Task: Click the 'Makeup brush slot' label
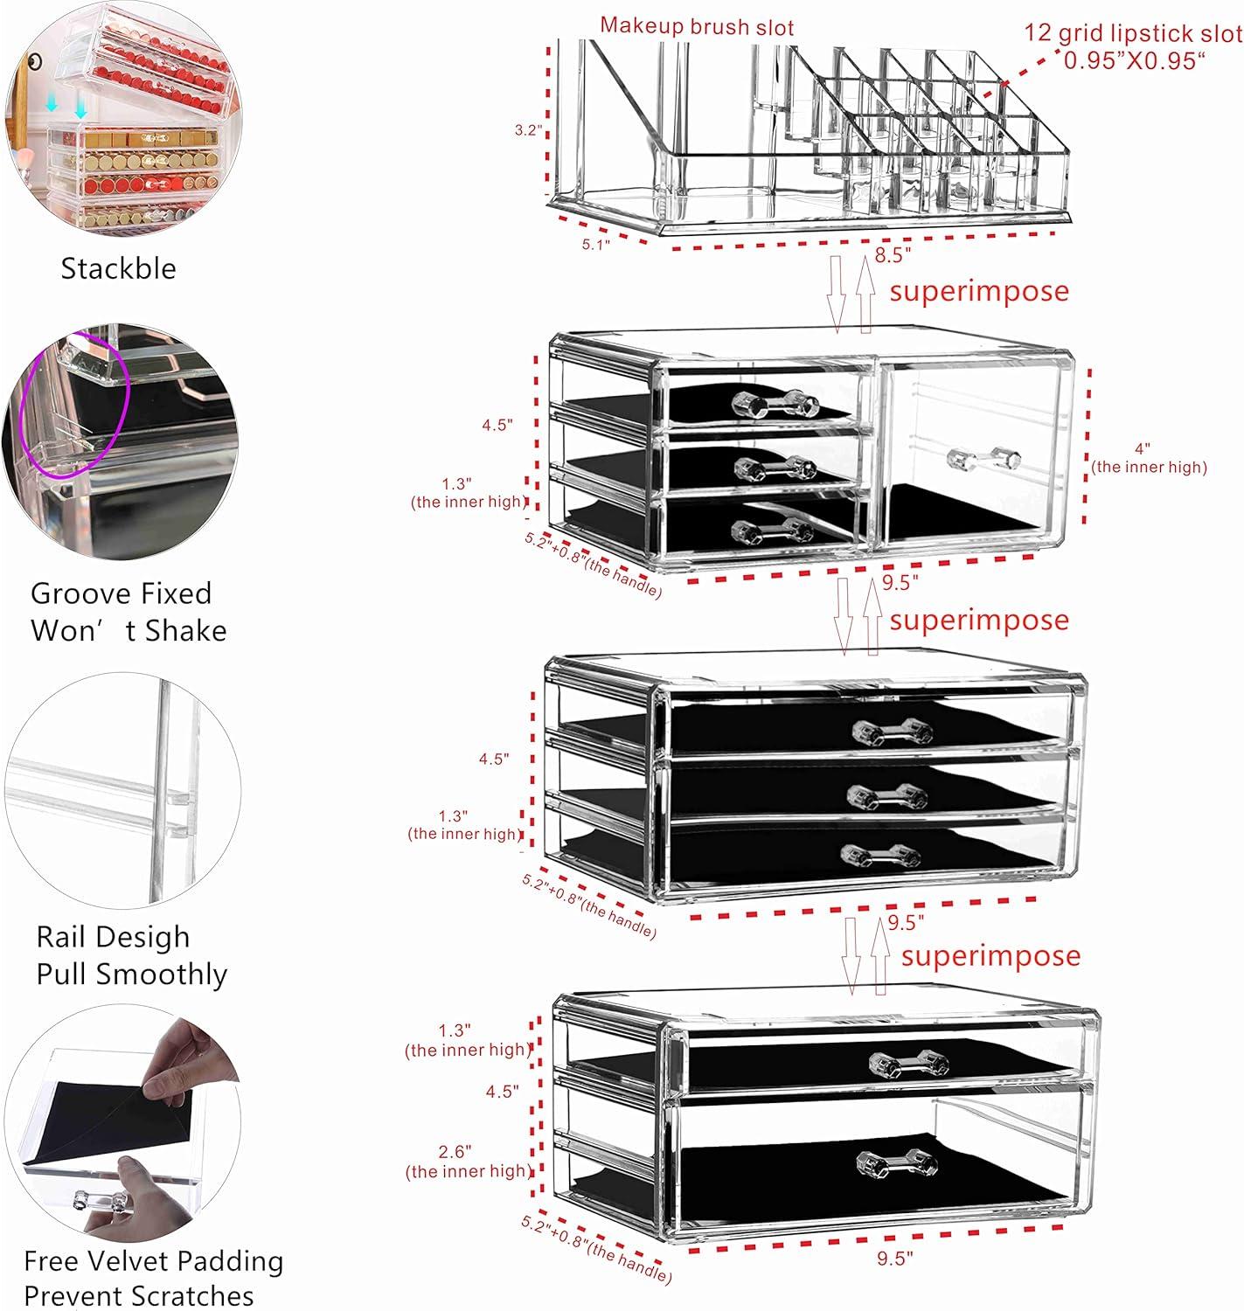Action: click(x=697, y=26)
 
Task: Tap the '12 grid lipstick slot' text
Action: click(x=1133, y=33)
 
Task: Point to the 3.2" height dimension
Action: click(x=528, y=130)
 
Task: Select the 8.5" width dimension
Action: click(x=893, y=255)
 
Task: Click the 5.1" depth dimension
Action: click(x=596, y=244)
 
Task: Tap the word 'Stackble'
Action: click(x=118, y=268)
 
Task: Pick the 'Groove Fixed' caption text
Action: click(x=122, y=593)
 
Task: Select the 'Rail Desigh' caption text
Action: click(x=113, y=937)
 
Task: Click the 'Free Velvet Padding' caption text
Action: click(x=153, y=1261)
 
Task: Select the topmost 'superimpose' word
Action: click(x=979, y=291)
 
